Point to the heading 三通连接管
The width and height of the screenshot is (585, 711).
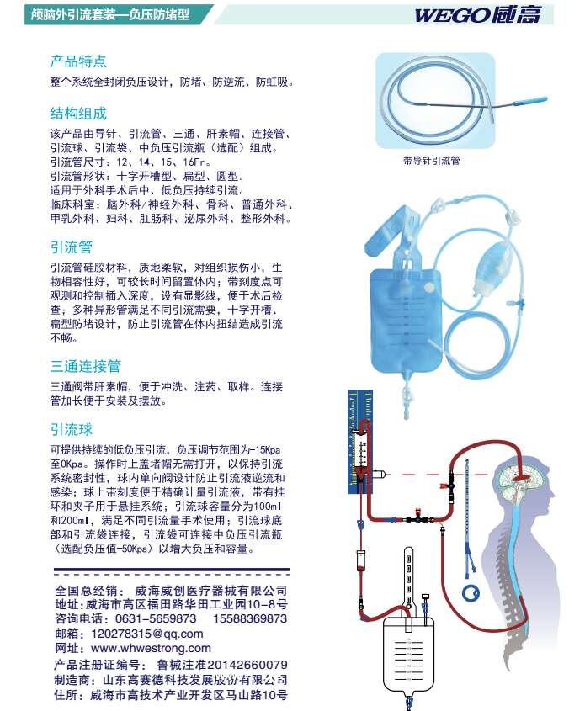pos(85,366)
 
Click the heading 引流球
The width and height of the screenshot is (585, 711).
pos(72,429)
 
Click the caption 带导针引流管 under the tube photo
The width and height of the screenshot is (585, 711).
pos(432,159)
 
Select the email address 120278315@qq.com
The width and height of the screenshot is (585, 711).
pos(146,634)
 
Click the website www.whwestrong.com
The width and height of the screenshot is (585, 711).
pos(151,648)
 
